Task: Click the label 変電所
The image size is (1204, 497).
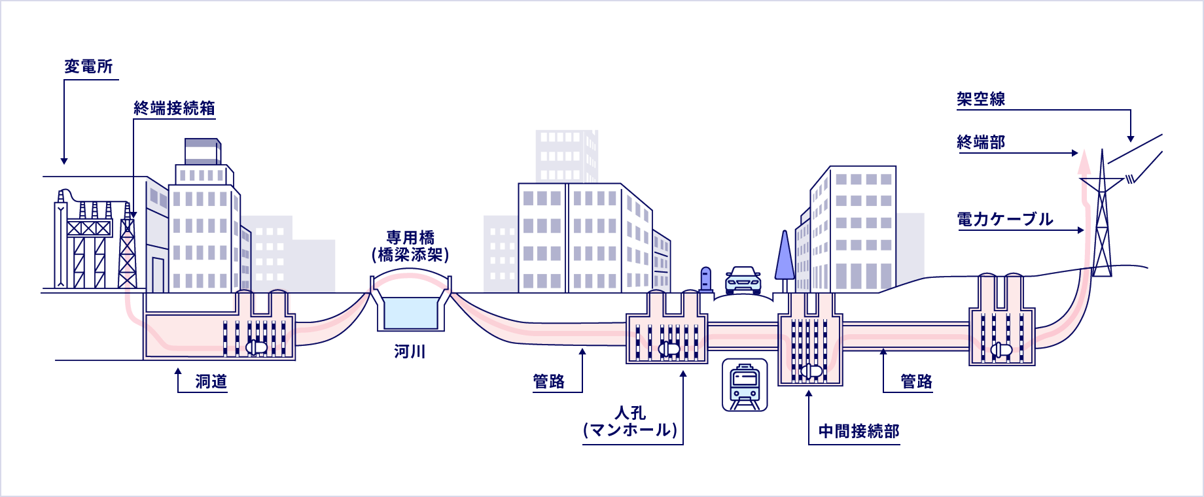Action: point(88,67)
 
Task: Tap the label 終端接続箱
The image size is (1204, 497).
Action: point(174,109)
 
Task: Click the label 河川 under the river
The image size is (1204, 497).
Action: point(410,352)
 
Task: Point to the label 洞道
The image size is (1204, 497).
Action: point(211,382)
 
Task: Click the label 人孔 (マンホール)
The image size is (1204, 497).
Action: point(630,422)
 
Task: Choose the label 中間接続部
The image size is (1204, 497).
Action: point(859,432)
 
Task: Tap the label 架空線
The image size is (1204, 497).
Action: point(981,99)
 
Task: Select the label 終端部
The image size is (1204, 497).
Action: point(981,143)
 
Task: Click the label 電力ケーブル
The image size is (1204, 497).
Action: point(1005,220)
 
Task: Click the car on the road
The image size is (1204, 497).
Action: point(743,280)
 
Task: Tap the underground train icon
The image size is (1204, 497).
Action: point(745,385)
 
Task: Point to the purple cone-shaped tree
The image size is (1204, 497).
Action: point(785,256)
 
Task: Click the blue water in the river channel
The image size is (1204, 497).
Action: point(410,313)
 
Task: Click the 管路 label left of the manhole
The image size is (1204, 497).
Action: point(548,382)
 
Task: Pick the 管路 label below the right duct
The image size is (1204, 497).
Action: point(916,382)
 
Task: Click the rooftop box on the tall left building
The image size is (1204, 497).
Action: point(202,151)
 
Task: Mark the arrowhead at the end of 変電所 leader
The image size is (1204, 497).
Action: point(64,161)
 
